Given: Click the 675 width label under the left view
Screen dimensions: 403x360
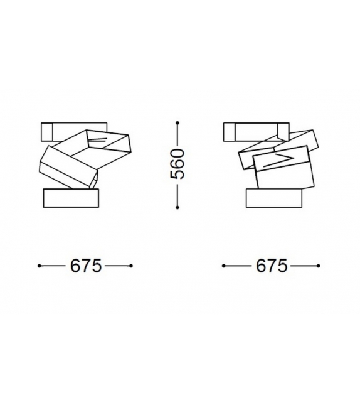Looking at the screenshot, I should coord(85,266).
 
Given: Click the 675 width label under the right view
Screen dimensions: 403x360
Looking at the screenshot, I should coord(271,266).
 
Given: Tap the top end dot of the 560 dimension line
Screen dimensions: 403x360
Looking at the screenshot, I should coord(179,122).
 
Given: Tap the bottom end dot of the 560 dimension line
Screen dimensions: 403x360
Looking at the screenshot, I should coord(179,207).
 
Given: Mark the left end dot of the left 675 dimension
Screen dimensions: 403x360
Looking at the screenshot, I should coord(40,266).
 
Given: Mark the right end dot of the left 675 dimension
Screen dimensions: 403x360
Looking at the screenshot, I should coord(131,266).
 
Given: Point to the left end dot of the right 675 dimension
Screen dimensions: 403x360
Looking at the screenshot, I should coord(224,266).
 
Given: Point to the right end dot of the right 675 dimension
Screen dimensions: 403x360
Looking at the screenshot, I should coord(317,266).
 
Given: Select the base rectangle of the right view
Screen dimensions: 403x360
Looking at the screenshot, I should coord(274,198).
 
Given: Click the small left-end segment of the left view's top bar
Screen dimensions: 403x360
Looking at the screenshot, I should coord(46,131).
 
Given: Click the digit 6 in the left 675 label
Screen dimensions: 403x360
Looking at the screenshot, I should coord(75,266).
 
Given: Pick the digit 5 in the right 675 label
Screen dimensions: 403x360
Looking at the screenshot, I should coord(282,266).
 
